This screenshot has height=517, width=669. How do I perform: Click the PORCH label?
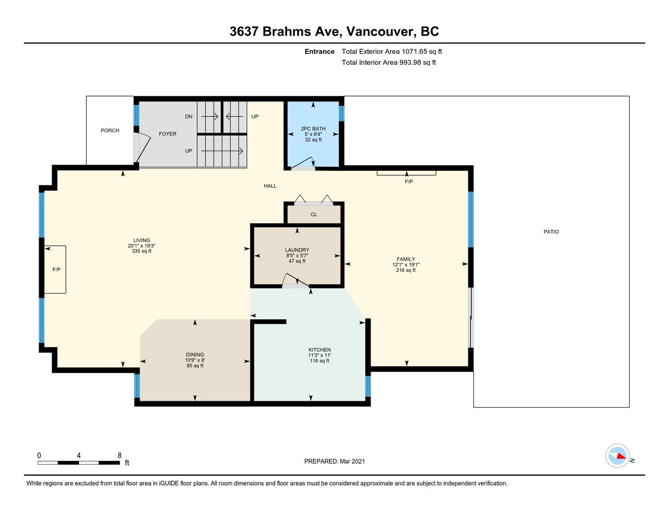tap(110, 131)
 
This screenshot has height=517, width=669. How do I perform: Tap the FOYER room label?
tap(167, 134)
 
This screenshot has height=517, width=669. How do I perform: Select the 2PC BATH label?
tap(313, 129)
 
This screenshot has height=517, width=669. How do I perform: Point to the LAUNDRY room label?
tap(297, 250)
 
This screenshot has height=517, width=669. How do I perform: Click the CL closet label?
tap(314, 215)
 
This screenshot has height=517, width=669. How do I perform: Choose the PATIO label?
tap(551, 232)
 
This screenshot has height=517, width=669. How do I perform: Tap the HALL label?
tap(270, 186)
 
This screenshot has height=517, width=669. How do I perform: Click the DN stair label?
tap(189, 117)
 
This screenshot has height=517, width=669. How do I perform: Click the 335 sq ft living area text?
tap(142, 251)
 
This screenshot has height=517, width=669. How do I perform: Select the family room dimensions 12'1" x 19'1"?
tap(406, 265)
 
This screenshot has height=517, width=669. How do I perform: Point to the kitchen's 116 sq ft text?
tap(319, 361)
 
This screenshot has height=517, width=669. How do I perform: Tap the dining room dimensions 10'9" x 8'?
tap(195, 360)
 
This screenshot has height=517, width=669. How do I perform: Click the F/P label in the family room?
tap(409, 182)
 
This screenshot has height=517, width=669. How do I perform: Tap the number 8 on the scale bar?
tap(120, 455)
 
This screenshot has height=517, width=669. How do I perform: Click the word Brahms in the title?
tap(286, 31)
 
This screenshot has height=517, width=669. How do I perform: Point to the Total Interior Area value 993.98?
tap(410, 63)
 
